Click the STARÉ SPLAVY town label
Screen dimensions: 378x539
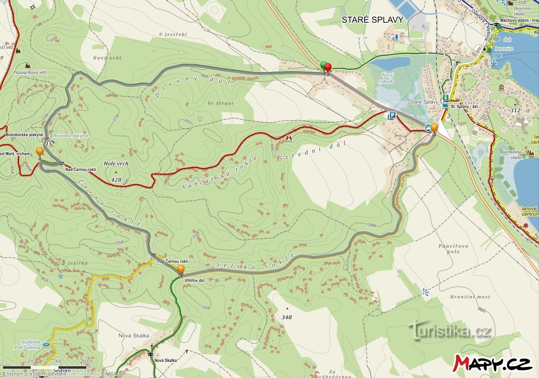(x=372, y=20)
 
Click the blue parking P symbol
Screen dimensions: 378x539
(x=392, y=116)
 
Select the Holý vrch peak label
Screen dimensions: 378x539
(x=116, y=164)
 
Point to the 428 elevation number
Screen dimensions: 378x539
(x=116, y=180)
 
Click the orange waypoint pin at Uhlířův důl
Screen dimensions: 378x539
(x=181, y=269)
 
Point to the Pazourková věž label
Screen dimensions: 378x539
(x=29, y=72)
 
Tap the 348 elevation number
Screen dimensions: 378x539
(x=287, y=317)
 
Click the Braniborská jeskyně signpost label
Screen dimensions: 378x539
(x=24, y=135)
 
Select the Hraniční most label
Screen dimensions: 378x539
(x=470, y=297)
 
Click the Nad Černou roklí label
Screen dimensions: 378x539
(x=81, y=169)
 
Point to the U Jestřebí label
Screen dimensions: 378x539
(x=173, y=34)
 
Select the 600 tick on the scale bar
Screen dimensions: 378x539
(x=86, y=361)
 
